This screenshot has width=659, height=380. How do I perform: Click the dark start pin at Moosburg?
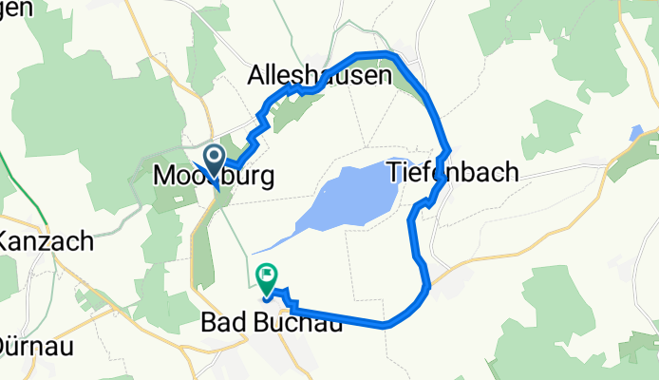point(214,158)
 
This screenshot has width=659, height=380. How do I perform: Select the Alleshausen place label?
point(319,75)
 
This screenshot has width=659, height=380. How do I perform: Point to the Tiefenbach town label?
point(454,172)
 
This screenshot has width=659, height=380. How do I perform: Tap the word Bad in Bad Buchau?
point(225,324)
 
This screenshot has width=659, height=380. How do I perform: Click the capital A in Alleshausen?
point(256,75)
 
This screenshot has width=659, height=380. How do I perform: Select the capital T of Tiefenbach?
point(394,172)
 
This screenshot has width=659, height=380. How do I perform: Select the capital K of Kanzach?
point(8,241)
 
